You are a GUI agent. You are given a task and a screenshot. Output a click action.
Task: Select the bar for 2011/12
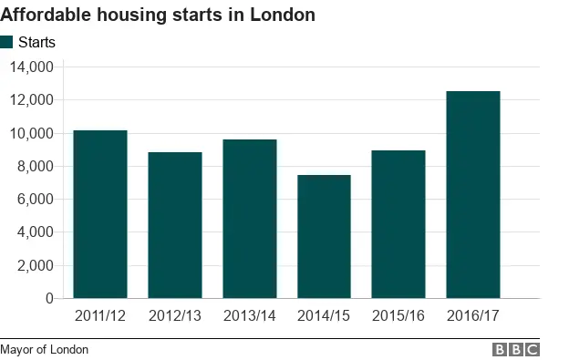(100, 214)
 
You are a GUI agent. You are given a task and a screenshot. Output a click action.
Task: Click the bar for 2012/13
(175, 225)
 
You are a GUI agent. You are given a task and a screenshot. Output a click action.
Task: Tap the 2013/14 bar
(250, 219)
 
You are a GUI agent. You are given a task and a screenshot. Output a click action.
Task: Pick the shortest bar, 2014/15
(324, 236)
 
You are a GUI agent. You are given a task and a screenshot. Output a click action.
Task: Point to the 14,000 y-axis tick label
(32, 67)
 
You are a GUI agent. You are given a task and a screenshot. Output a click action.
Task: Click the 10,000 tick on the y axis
(32, 133)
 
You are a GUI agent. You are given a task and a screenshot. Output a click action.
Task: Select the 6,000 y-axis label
(36, 199)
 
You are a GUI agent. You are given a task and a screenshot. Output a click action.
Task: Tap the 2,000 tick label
(36, 265)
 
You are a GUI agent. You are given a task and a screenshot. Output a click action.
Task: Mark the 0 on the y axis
(49, 298)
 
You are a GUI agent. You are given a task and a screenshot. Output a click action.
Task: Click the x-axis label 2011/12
(100, 315)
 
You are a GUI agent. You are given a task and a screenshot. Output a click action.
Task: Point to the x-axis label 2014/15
(324, 315)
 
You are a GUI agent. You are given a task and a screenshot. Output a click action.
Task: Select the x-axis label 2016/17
(473, 315)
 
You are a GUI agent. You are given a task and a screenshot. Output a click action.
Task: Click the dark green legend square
(7, 42)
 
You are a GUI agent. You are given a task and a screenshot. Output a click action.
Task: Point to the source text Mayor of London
(45, 349)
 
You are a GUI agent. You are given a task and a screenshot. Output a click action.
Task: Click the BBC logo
(516, 349)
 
